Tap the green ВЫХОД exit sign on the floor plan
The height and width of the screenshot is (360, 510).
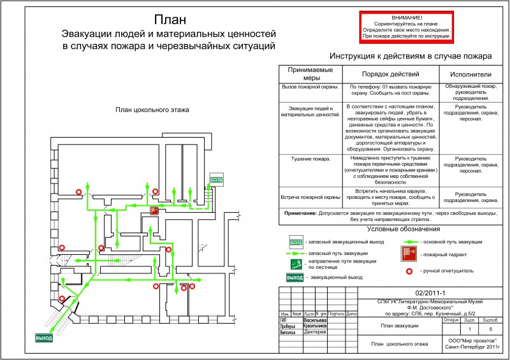(44, 337)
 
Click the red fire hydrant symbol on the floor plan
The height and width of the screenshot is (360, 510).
(154, 210)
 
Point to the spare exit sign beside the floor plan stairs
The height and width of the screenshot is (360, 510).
(217, 180)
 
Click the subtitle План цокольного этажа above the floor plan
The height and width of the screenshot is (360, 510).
(152, 110)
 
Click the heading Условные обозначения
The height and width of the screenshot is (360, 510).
(399, 228)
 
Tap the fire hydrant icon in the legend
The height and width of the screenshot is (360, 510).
(409, 254)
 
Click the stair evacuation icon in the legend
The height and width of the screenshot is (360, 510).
(296, 263)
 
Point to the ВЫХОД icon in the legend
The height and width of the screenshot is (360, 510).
(295, 278)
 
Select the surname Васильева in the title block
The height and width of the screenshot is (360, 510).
(315, 320)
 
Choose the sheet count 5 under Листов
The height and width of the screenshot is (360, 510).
(490, 329)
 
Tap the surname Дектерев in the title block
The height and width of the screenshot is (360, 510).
(315, 332)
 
